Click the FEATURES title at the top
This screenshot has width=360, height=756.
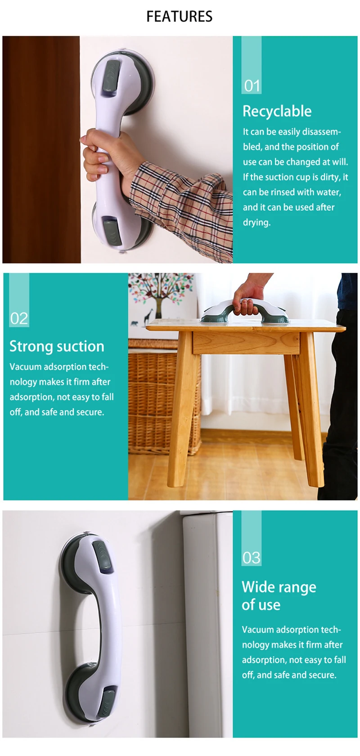click(x=179, y=17)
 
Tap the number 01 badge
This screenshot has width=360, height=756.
click(x=252, y=85)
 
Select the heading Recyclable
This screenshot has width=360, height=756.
click(x=277, y=111)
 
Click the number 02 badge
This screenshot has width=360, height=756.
click(x=19, y=318)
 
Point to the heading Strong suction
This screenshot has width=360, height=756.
click(x=57, y=346)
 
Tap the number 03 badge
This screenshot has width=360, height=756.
click(x=251, y=558)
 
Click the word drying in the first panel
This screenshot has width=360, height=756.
click(x=256, y=223)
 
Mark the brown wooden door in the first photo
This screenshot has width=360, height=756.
click(x=40, y=148)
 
